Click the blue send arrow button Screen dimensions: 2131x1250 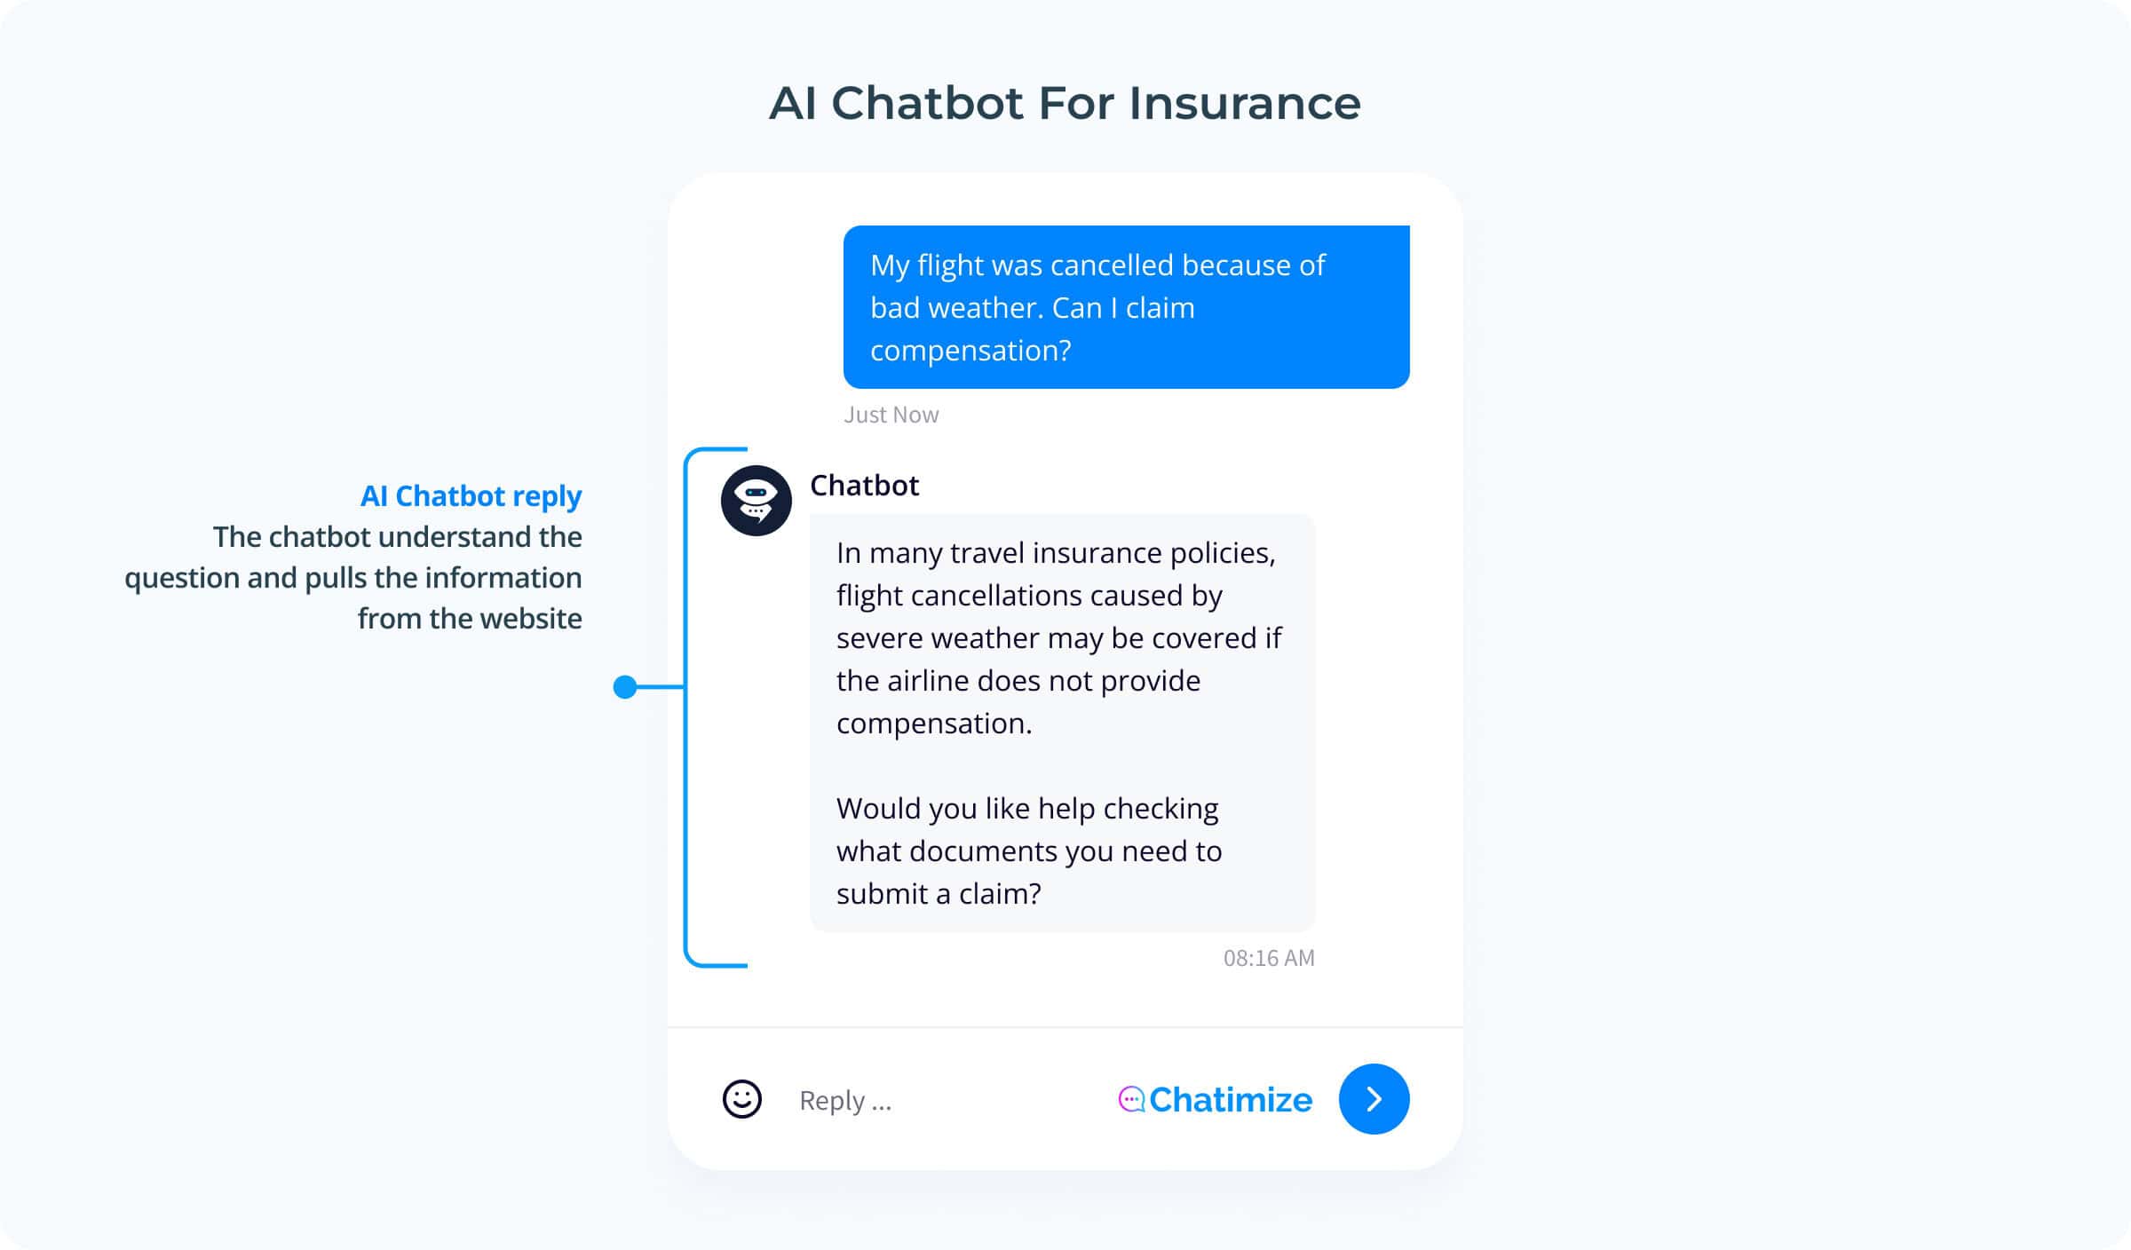[x=1374, y=1099]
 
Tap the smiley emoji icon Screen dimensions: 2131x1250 [x=742, y=1099]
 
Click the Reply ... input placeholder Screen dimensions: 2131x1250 [x=845, y=1101]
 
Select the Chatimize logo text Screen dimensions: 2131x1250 [x=1231, y=1099]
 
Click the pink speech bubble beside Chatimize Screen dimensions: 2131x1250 [x=1131, y=1099]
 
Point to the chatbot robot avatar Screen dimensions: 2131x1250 [x=757, y=501]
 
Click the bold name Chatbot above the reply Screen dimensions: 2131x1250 [x=865, y=486]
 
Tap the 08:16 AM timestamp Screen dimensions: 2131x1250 [x=1269, y=958]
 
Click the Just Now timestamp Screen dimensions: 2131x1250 [x=891, y=415]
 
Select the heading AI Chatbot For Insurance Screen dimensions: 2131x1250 [x=1065, y=103]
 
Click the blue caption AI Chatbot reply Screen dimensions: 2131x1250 [x=471, y=495]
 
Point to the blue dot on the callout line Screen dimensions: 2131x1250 [x=625, y=687]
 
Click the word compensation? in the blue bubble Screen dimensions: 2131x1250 [x=970, y=351]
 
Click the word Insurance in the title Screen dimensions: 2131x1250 [x=1245, y=103]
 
